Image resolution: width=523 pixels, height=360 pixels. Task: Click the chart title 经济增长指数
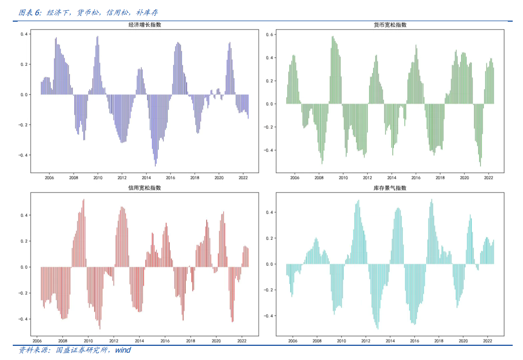(145, 25)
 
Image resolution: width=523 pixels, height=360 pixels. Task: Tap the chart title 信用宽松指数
(145, 188)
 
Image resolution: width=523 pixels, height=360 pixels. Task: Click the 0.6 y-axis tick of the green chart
(269, 34)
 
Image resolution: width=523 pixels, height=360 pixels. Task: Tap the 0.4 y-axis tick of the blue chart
(24, 34)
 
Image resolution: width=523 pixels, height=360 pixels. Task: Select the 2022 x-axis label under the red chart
(242, 341)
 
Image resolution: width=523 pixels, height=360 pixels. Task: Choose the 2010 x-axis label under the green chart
(343, 178)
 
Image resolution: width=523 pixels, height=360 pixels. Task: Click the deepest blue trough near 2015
(155, 165)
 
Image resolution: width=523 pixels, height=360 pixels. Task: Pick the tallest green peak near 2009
(332, 37)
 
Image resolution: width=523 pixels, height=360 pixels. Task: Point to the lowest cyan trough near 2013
(377, 328)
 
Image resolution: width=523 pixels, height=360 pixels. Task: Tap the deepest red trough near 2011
(100, 328)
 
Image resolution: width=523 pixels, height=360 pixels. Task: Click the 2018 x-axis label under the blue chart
(195, 178)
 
